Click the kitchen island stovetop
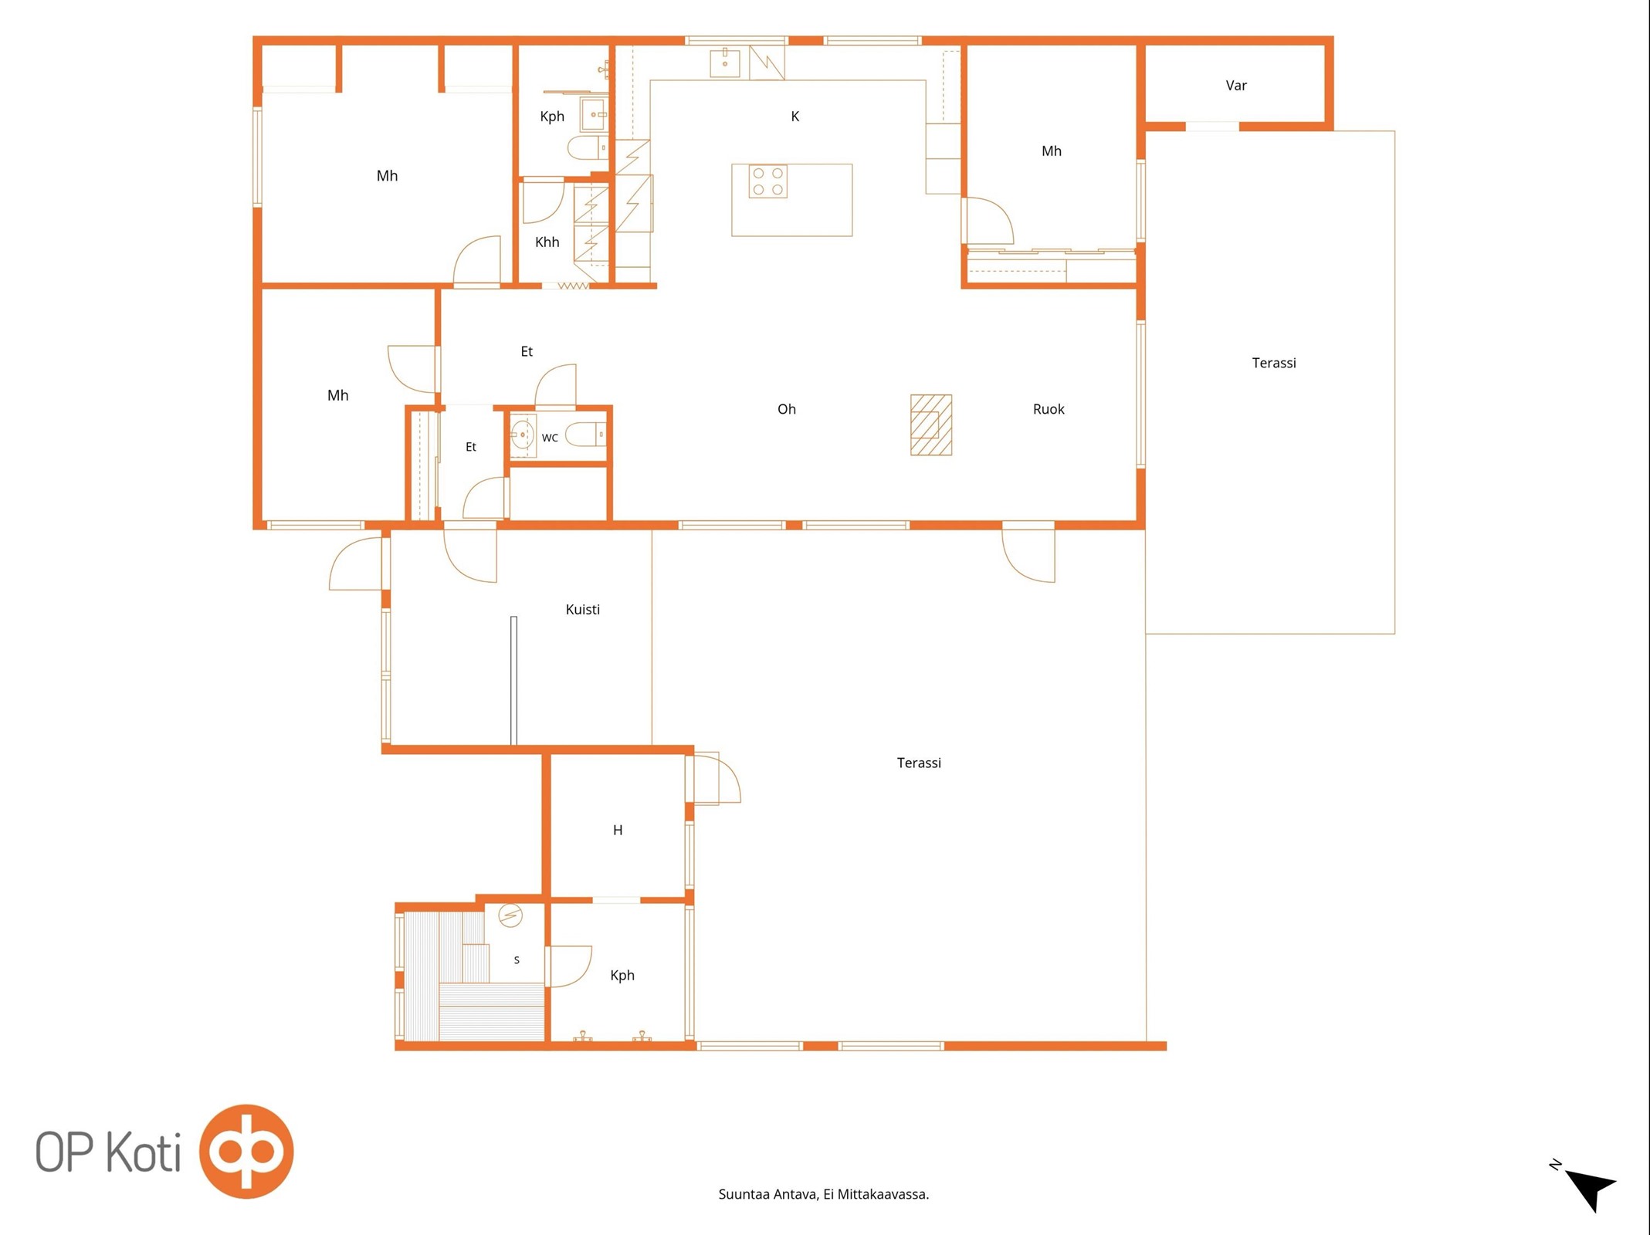click(x=768, y=181)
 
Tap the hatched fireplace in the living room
click(x=931, y=425)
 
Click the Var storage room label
click(x=1236, y=86)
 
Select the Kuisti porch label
click(x=583, y=610)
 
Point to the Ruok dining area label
click(x=1049, y=409)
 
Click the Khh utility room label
click(x=547, y=242)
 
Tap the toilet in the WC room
click(x=586, y=435)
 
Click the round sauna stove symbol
click(x=510, y=916)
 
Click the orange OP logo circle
click(x=246, y=1151)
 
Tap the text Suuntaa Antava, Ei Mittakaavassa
click(x=824, y=1194)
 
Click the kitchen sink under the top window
click(x=725, y=63)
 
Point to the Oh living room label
click(x=787, y=409)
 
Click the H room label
click(x=618, y=831)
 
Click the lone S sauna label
click(x=517, y=960)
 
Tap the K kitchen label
click(x=795, y=117)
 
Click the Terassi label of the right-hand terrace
click(x=1274, y=363)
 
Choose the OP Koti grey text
click(x=108, y=1152)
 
